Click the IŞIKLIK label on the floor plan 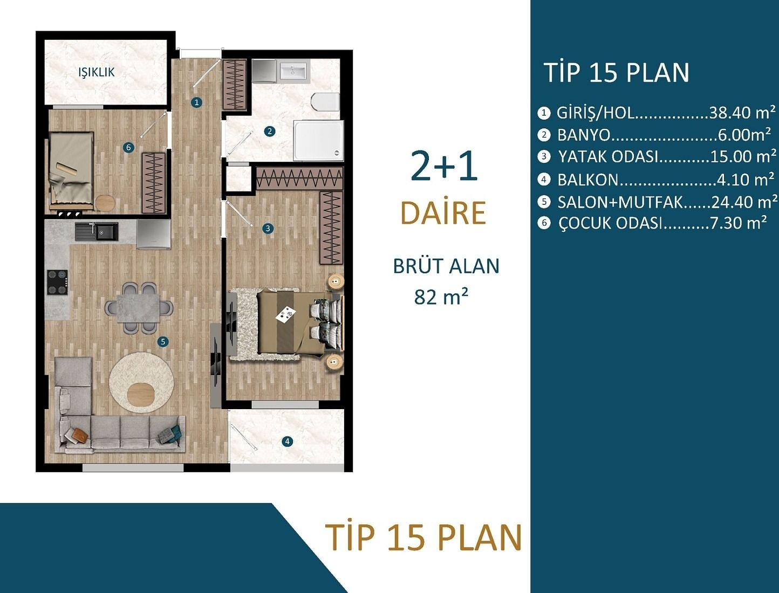tap(97, 72)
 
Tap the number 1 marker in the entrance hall tap(197, 102)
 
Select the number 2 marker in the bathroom tap(270, 131)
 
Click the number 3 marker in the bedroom tap(268, 229)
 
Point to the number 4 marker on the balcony tap(288, 442)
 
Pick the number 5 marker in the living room tap(163, 342)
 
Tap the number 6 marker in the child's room tap(128, 147)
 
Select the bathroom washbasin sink tap(293, 71)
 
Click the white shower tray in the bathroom tap(318, 140)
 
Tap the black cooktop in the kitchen tap(57, 282)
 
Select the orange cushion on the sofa tap(79, 435)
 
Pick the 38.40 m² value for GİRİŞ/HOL tap(742, 113)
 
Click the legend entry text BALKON tap(588, 180)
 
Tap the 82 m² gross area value tap(441, 296)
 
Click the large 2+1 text tap(444, 166)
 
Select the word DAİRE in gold tap(443, 213)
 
